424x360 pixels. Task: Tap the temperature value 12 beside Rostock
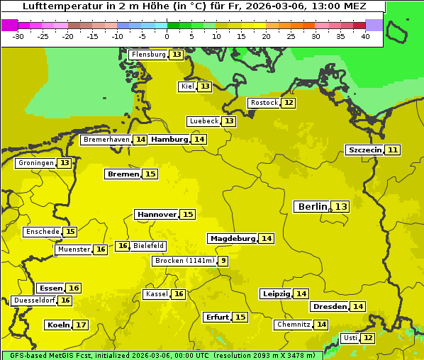(288, 103)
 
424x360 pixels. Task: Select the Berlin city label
(312, 207)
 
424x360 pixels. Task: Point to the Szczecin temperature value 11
(393, 150)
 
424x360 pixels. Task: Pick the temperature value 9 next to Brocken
(223, 261)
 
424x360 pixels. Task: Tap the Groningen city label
(36, 163)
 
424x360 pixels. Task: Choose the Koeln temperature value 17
(81, 325)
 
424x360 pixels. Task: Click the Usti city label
(350, 338)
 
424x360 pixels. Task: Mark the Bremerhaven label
(106, 140)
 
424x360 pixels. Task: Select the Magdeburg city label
(233, 238)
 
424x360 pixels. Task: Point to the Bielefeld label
(148, 246)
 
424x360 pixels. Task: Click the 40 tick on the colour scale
(365, 36)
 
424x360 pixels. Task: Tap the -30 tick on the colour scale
(18, 36)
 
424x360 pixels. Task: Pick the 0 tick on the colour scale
(167, 36)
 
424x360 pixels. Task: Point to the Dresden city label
(330, 307)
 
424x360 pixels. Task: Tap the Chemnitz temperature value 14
(322, 325)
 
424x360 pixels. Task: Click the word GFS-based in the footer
(26, 355)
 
